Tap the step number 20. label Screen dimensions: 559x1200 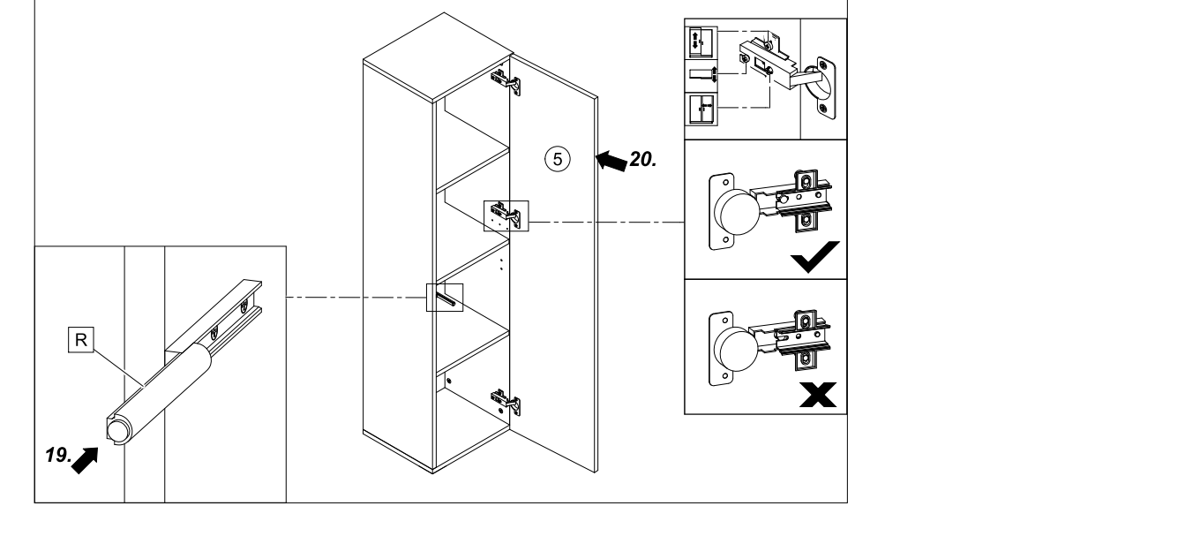click(644, 161)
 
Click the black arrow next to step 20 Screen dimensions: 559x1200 click(611, 160)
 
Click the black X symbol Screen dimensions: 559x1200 click(815, 395)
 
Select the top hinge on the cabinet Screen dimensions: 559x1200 click(506, 81)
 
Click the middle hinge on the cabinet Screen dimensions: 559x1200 click(506, 213)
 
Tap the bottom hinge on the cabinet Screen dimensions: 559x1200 click(506, 401)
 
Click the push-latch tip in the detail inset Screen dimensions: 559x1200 click(116, 430)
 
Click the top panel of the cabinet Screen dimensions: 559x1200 click(435, 63)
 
